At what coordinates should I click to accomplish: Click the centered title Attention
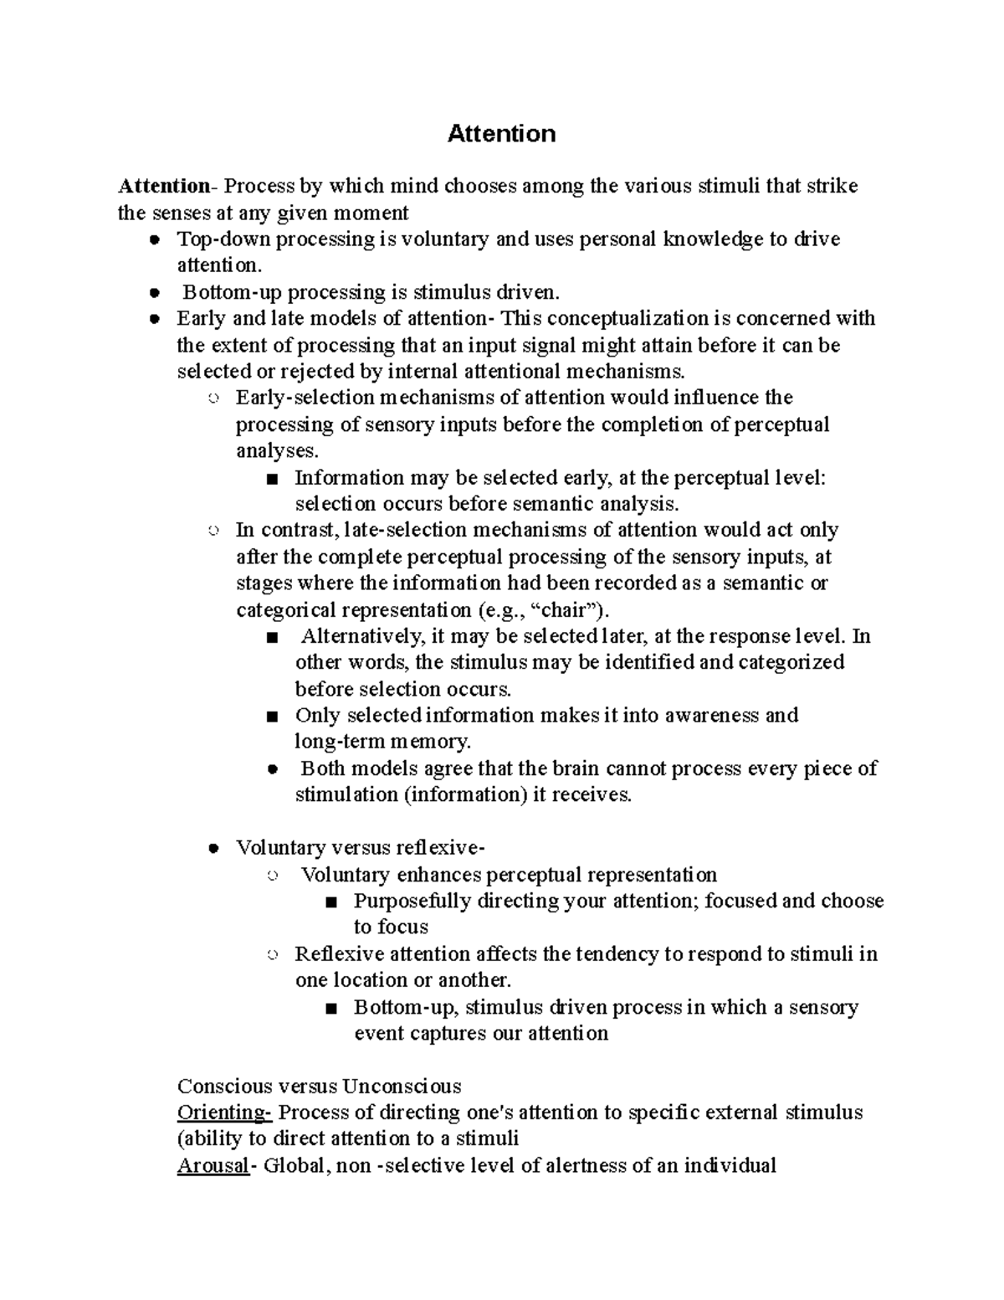[501, 134]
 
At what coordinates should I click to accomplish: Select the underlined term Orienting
[223, 1112]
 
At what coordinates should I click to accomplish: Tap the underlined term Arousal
[213, 1165]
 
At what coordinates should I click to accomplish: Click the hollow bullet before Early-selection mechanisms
[213, 398]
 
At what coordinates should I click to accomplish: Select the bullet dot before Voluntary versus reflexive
[213, 848]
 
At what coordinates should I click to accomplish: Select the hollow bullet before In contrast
[213, 531]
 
